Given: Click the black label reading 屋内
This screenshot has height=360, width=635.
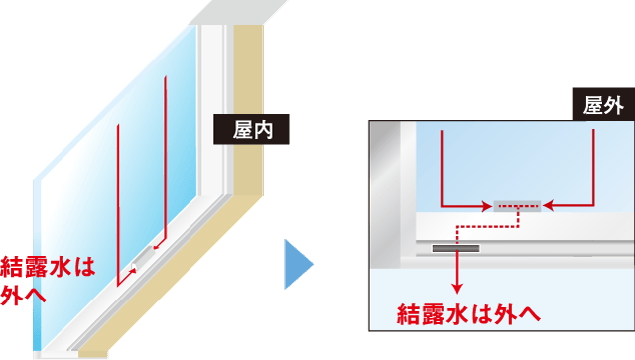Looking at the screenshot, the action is pos(251,130).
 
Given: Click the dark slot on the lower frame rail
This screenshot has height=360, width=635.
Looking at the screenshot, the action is pos(455,248).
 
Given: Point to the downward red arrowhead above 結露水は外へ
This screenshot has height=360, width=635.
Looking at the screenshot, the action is pos(457,285).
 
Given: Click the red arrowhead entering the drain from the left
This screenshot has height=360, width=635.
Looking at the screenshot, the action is pos(487,206).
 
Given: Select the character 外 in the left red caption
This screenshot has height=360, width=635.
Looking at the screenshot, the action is pos(13,294).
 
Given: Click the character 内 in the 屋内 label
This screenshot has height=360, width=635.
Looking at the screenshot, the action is pos(263,130).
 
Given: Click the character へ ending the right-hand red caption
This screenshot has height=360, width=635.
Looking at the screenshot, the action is pos(529,314).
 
